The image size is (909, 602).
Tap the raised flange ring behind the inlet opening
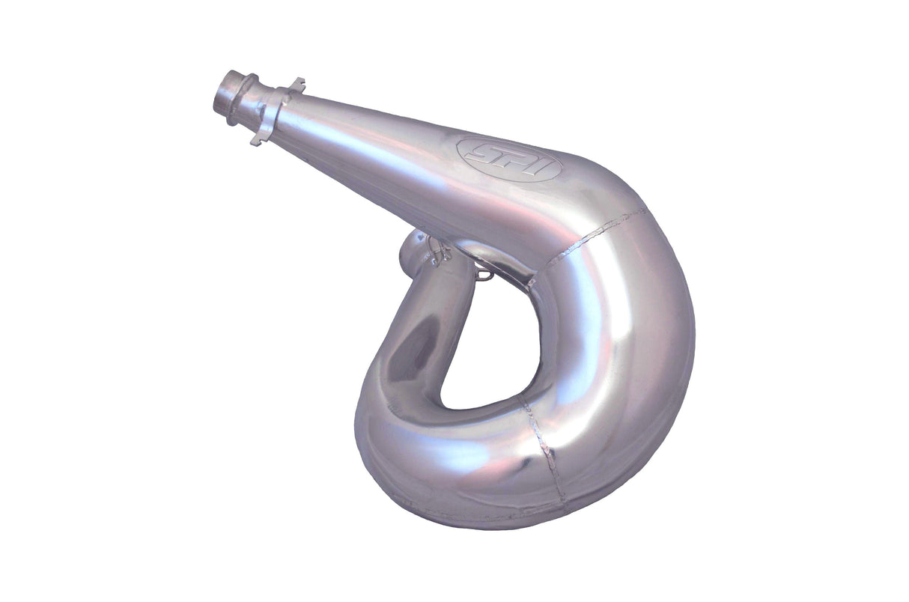pyautogui.click(x=245, y=100)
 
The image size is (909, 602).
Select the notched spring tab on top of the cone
pyautogui.click(x=297, y=83)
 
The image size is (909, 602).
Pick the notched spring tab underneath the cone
pyautogui.click(x=257, y=139)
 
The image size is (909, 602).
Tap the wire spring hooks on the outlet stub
pyautogui.click(x=438, y=253)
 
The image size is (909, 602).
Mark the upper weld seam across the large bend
pyautogui.click(x=592, y=234)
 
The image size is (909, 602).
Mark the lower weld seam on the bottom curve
pyautogui.click(x=547, y=449)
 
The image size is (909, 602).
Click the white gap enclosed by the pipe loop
pyautogui.click(x=487, y=344)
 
